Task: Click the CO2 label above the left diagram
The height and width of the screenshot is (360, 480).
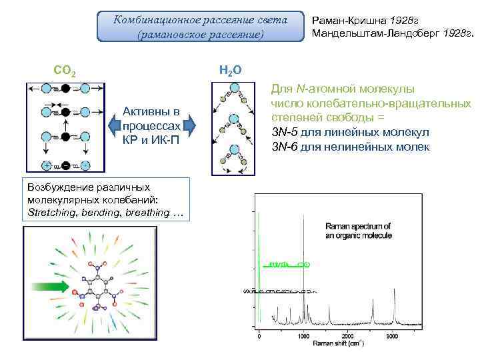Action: point(64,70)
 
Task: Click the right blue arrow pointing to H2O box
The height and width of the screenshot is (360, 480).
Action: point(189,125)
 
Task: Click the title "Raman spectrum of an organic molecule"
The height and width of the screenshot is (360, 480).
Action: point(358,230)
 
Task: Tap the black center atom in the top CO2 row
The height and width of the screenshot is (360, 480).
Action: point(65,88)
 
